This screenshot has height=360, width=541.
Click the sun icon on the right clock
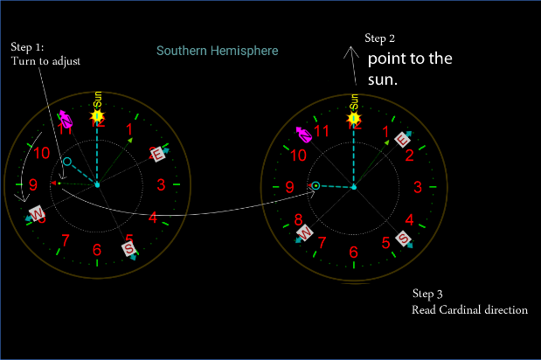point(354,117)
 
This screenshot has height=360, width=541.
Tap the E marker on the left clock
point(158,155)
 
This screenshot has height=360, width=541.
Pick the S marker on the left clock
point(129,249)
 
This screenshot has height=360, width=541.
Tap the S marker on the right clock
point(405,239)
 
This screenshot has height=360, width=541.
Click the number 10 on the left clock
point(41,153)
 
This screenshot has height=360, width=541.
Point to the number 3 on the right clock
point(417,186)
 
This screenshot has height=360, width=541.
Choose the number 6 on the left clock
point(97,251)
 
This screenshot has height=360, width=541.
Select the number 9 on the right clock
point(289,186)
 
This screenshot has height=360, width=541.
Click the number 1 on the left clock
point(130,130)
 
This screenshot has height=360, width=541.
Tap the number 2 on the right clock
point(408,156)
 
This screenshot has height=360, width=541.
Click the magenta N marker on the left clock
point(65,118)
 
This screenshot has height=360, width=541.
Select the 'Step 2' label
point(379,38)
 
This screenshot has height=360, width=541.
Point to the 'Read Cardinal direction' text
point(469,309)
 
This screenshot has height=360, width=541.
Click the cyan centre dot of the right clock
point(353,187)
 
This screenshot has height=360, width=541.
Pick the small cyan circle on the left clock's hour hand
point(67,162)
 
